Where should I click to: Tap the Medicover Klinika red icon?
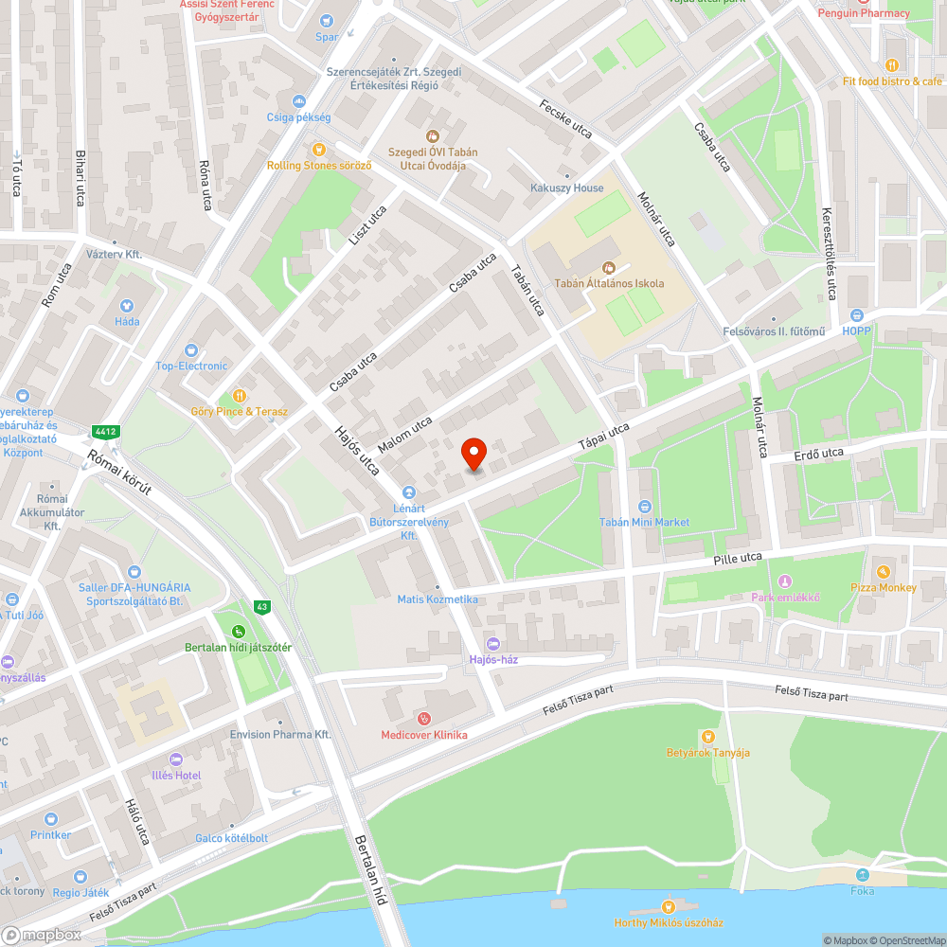coord(423,719)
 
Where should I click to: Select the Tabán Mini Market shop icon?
coord(644,507)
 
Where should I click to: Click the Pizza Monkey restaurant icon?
coord(883,572)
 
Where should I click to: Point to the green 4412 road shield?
coord(105,432)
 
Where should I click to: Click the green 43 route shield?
coord(261,606)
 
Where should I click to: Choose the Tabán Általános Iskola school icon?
coord(608,267)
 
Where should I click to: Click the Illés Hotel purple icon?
coord(175,759)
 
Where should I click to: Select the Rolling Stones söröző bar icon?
coord(319,150)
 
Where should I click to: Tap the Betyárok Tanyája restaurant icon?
coord(706,737)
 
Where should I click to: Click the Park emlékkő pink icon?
coord(784,581)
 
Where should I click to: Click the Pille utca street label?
coord(738,560)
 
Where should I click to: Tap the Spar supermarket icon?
coord(327,21)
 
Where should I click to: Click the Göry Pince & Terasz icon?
coord(239,396)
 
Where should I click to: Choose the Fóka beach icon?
coord(863,875)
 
